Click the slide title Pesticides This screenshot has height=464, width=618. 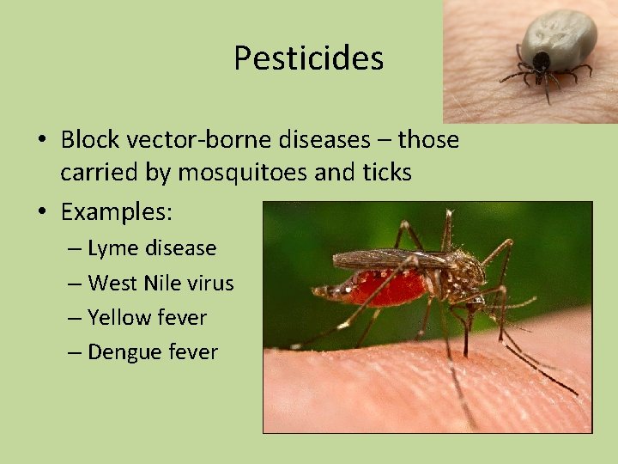point(308,58)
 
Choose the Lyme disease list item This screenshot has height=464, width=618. point(152,248)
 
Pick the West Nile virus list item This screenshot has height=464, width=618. point(161,283)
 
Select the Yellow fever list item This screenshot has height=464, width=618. point(147,317)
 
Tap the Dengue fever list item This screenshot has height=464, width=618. point(153,351)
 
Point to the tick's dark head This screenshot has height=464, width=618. point(542,61)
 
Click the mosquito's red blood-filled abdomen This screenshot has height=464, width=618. point(385,288)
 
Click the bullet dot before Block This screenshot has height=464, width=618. point(43,140)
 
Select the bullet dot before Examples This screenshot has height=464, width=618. point(43,211)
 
